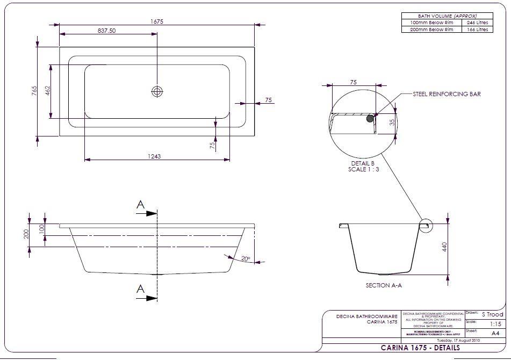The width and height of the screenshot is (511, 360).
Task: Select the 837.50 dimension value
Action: pos(107,31)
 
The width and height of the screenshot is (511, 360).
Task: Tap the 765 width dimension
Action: pos(33,90)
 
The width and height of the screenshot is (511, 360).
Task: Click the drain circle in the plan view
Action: pos(157,91)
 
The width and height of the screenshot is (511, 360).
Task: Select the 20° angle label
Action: pos(246,259)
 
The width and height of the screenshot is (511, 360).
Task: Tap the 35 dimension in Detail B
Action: pos(392,123)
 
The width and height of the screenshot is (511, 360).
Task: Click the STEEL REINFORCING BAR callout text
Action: pos(447,94)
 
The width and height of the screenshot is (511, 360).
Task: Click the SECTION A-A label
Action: pos(384,285)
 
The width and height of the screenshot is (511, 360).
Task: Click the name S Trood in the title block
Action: pos(492,314)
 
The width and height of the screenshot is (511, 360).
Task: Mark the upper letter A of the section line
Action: pos(141,205)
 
